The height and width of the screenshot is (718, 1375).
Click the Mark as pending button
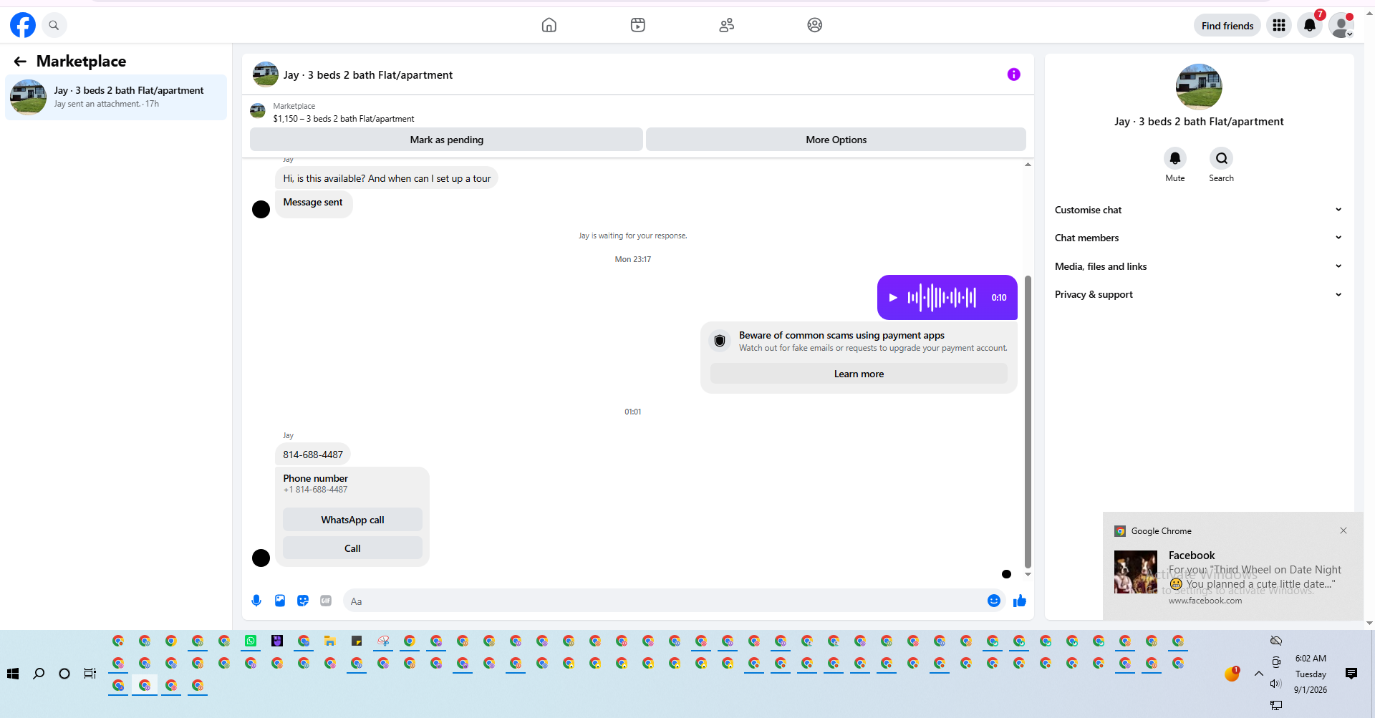tap(446, 140)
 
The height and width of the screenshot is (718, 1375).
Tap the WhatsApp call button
tap(352, 520)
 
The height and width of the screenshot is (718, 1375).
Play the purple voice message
tap(893, 297)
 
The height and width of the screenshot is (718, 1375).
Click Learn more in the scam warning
tap(859, 374)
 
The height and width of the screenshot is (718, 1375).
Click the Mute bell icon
tap(1175, 158)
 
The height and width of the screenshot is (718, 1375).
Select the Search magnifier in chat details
tap(1222, 158)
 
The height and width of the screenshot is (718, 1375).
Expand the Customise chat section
tap(1198, 210)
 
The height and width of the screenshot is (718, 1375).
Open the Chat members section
tap(1198, 238)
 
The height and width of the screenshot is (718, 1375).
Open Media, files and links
tap(1198, 266)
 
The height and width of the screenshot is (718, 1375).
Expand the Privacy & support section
tap(1198, 294)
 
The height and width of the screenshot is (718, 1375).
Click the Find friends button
tap(1227, 26)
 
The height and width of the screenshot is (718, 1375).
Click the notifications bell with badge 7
tap(1310, 26)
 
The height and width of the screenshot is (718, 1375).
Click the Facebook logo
tap(23, 25)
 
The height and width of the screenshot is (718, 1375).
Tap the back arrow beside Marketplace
tap(20, 62)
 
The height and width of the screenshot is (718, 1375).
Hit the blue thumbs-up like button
tap(1020, 601)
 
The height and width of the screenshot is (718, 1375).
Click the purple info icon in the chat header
tap(1013, 74)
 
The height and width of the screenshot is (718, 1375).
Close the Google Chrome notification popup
tap(1343, 530)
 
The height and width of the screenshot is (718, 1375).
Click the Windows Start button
tap(13, 674)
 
